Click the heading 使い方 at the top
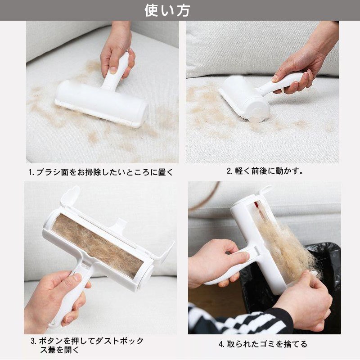click(x=167, y=10)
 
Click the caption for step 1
click(x=101, y=172)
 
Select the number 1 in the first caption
click(x=31, y=172)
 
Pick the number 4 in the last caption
click(x=221, y=344)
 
